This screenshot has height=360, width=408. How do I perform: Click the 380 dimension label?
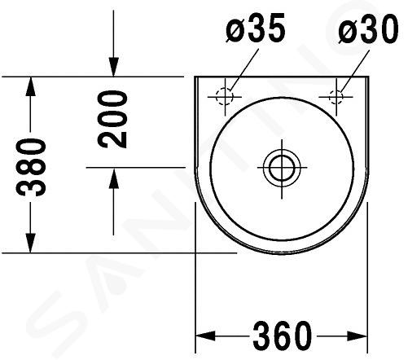[x=31, y=167]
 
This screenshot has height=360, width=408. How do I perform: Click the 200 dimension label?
[x=112, y=120]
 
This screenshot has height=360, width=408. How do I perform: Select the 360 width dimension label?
[x=283, y=336]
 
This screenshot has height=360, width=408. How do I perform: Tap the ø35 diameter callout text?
[x=256, y=29]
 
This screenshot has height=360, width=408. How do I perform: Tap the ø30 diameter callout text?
[x=368, y=29]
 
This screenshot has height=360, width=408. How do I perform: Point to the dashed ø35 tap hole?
[x=225, y=97]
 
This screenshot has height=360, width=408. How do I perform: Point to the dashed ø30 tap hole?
[x=336, y=97]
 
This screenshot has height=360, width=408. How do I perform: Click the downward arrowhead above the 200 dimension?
[x=113, y=67]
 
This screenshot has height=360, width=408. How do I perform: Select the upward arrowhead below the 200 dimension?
[x=113, y=178]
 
